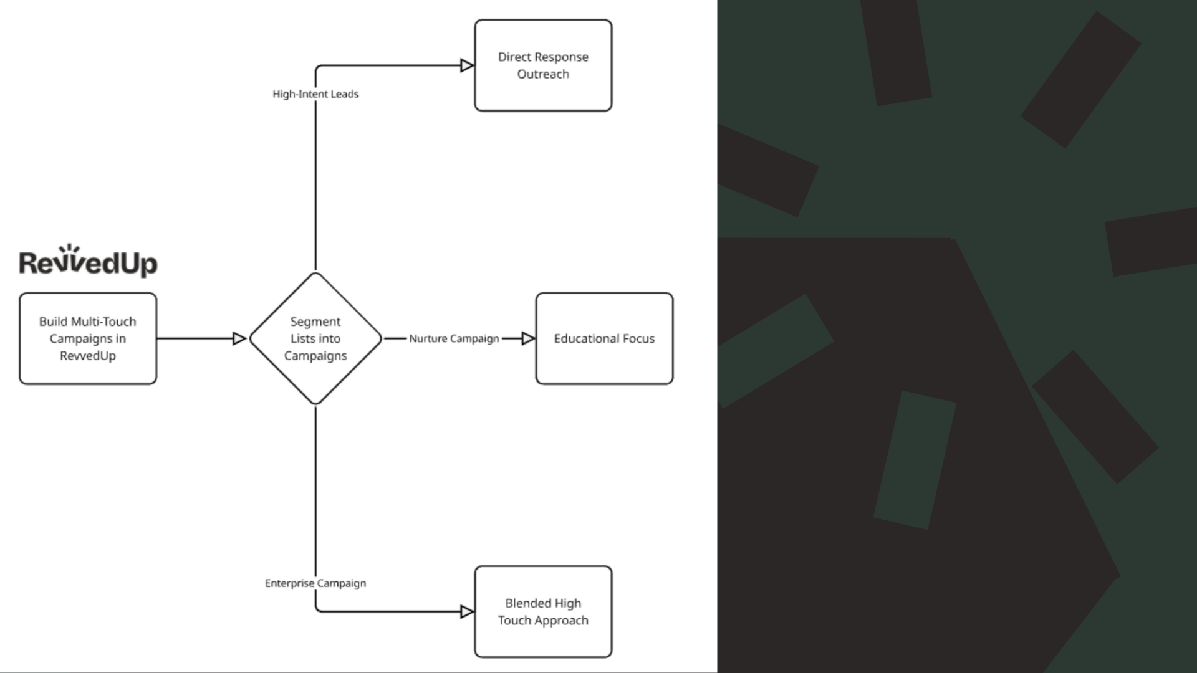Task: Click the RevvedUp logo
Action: coord(88,262)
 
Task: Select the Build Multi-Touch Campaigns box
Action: coord(88,338)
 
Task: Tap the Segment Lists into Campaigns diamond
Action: coord(315,338)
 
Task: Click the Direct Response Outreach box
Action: coord(543,65)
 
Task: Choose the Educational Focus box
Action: coord(604,338)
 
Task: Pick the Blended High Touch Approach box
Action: coord(543,611)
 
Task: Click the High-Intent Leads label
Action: coord(315,94)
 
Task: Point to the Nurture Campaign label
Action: coord(454,338)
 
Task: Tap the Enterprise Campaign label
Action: coord(315,583)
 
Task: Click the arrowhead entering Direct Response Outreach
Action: coord(467,65)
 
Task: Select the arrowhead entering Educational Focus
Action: coord(528,338)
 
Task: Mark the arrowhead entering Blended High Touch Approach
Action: coord(467,611)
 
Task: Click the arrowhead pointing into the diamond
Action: coord(239,338)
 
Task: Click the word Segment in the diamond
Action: coord(315,322)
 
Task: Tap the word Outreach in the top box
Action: coord(543,74)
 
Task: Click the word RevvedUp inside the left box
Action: coord(88,356)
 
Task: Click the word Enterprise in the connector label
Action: coord(289,583)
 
